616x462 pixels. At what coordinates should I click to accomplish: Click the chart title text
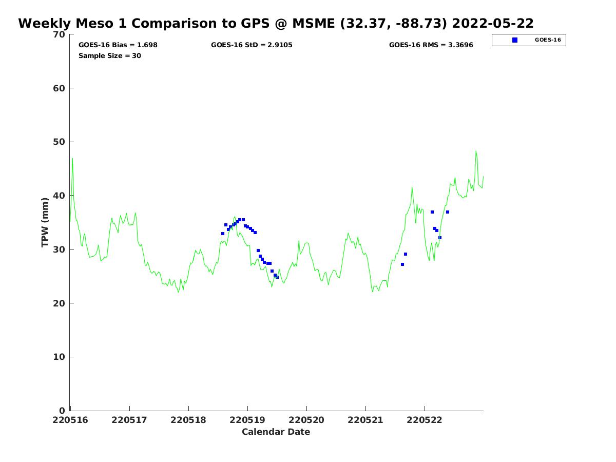point(276,24)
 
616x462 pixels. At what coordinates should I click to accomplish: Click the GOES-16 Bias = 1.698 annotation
point(118,45)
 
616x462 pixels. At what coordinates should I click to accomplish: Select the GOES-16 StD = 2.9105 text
point(252,45)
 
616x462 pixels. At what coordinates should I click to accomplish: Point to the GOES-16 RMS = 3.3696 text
point(431,45)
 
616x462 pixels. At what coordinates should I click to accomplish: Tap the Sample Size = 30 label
point(110,56)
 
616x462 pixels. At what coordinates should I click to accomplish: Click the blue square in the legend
point(515,40)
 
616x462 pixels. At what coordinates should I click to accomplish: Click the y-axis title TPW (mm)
point(45,222)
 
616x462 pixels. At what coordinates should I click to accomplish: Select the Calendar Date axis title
point(276,432)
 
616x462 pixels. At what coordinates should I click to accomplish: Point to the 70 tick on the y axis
point(60,34)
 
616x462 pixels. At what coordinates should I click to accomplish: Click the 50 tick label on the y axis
point(60,142)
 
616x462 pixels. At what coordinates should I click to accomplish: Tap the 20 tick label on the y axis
point(60,303)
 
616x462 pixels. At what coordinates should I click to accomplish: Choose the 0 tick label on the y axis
point(63,411)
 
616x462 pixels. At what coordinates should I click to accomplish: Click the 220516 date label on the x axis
point(70,420)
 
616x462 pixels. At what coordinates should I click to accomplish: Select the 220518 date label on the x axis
point(188,420)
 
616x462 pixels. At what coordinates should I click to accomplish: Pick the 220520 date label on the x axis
point(306,420)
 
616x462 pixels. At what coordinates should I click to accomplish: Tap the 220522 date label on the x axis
point(425,420)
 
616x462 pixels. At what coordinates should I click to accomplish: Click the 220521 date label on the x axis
point(365,420)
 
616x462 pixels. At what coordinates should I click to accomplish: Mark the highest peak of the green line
point(476,151)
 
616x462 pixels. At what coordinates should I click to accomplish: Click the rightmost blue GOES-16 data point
point(448,212)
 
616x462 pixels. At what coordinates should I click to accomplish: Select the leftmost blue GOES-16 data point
point(223,234)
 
